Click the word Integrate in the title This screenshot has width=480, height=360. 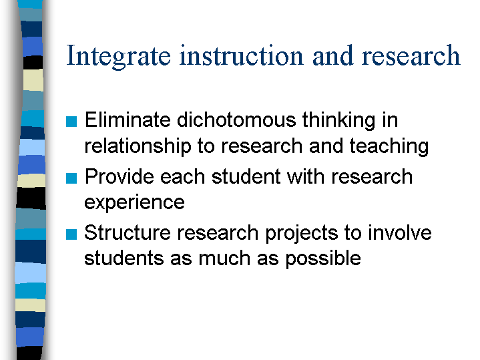[x=118, y=56]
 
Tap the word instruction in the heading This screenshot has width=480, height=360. [x=241, y=55]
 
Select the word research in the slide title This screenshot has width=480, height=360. [x=411, y=55]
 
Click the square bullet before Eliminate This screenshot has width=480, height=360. [x=71, y=122]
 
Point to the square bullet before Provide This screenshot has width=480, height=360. [x=71, y=178]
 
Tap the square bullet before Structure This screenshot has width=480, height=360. [x=71, y=234]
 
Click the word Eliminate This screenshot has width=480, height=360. [x=128, y=120]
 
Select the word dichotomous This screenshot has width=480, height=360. [x=236, y=120]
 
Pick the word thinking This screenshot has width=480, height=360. [x=339, y=121]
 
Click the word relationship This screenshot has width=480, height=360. [x=138, y=146]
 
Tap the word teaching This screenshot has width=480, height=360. [x=389, y=146]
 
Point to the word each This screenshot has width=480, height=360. [x=182, y=176]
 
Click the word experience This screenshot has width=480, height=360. [x=134, y=203]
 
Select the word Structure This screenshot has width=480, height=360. [x=128, y=232]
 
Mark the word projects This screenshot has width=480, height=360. [x=302, y=234]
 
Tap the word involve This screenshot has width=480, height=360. [x=400, y=232]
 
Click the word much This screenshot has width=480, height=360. [x=224, y=258]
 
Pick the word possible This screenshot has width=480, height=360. [x=323, y=259]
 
